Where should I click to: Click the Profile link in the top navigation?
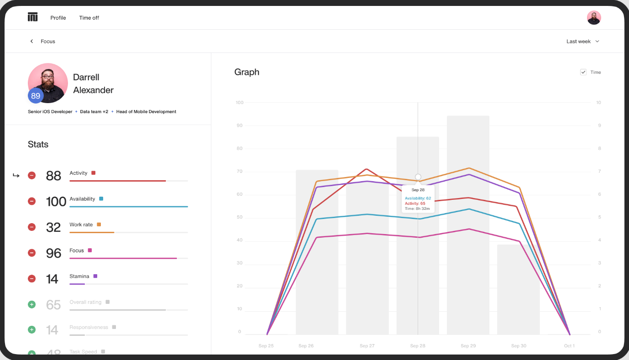pos(58,18)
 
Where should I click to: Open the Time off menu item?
pos(89,18)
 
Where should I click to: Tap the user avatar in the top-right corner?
pos(593,18)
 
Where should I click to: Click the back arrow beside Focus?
pos(31,42)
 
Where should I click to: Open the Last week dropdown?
pos(583,42)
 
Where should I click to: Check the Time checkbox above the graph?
pos(583,72)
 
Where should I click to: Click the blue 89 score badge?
pos(36,96)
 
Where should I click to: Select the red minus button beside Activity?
pos(31,175)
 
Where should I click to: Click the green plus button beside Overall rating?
pos(31,304)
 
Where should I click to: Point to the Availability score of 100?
pos(56,201)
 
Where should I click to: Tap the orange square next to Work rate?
pos(99,224)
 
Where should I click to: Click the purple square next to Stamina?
pos(95,276)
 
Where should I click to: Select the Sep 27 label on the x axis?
pos(367,346)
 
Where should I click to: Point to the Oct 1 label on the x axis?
pos(569,346)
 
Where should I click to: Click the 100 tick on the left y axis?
pos(239,103)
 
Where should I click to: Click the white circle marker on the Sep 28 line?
pos(418,177)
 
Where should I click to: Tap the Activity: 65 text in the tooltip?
pos(415,203)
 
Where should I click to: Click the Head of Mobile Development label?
pos(146,112)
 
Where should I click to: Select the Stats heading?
pos(38,145)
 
